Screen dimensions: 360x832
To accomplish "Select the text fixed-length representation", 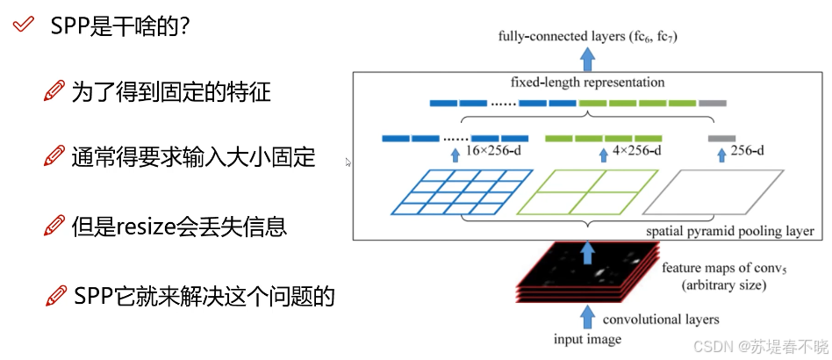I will pyautogui.click(x=587, y=83).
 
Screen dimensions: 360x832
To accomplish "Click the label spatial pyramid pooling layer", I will pyautogui.click(x=729, y=231).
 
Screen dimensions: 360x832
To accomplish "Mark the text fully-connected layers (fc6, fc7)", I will pyautogui.click(x=587, y=36).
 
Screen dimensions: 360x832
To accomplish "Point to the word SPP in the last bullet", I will pyautogui.click(x=92, y=295).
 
